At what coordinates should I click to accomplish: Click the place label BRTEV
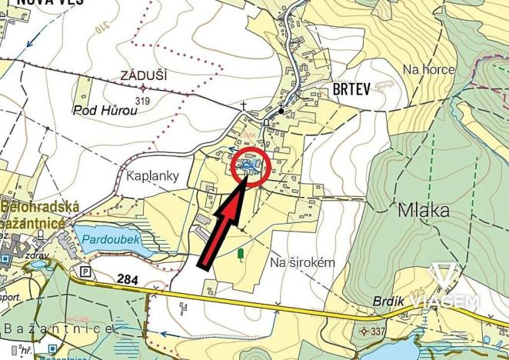tap(352, 88)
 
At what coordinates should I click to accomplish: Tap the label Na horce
tap(429, 69)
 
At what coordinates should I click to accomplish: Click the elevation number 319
tap(141, 99)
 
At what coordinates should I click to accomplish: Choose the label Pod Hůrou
tap(105, 110)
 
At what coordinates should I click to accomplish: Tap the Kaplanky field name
tap(152, 176)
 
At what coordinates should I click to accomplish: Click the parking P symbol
tap(84, 272)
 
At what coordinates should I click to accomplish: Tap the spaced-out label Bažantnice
tap(58, 328)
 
